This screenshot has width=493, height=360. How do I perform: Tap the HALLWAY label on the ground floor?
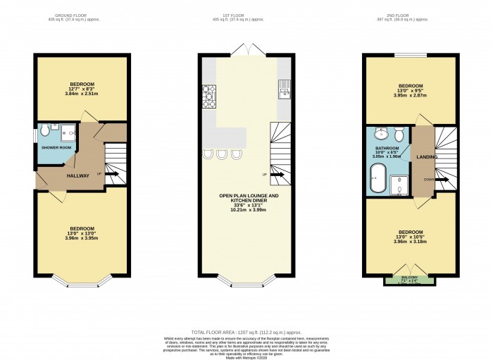pyautogui.click(x=78, y=175)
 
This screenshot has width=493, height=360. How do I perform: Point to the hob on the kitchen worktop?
pyautogui.click(x=209, y=97)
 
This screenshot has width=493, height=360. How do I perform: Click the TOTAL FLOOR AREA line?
pyautogui.click(x=246, y=331)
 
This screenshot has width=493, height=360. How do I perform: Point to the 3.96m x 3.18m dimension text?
pyautogui.click(x=411, y=242)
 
